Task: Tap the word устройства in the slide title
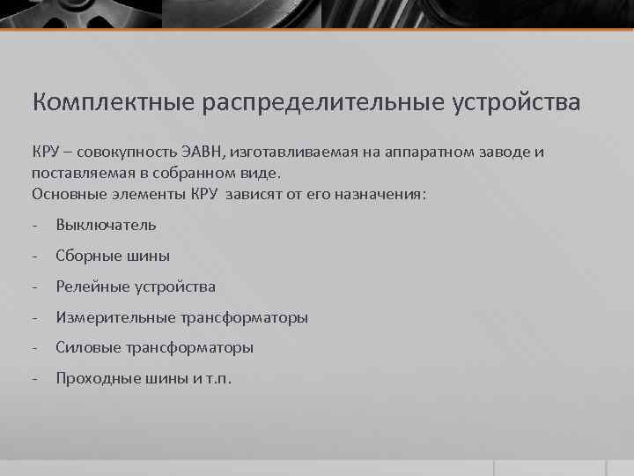pyautogui.click(x=517, y=102)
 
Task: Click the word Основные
pyautogui.click(x=67, y=193)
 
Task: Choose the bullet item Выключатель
pyautogui.click(x=106, y=225)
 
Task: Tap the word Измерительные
pyautogui.click(x=112, y=317)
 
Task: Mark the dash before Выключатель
pyautogui.click(x=34, y=225)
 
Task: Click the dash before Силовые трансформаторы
pyautogui.click(x=34, y=348)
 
